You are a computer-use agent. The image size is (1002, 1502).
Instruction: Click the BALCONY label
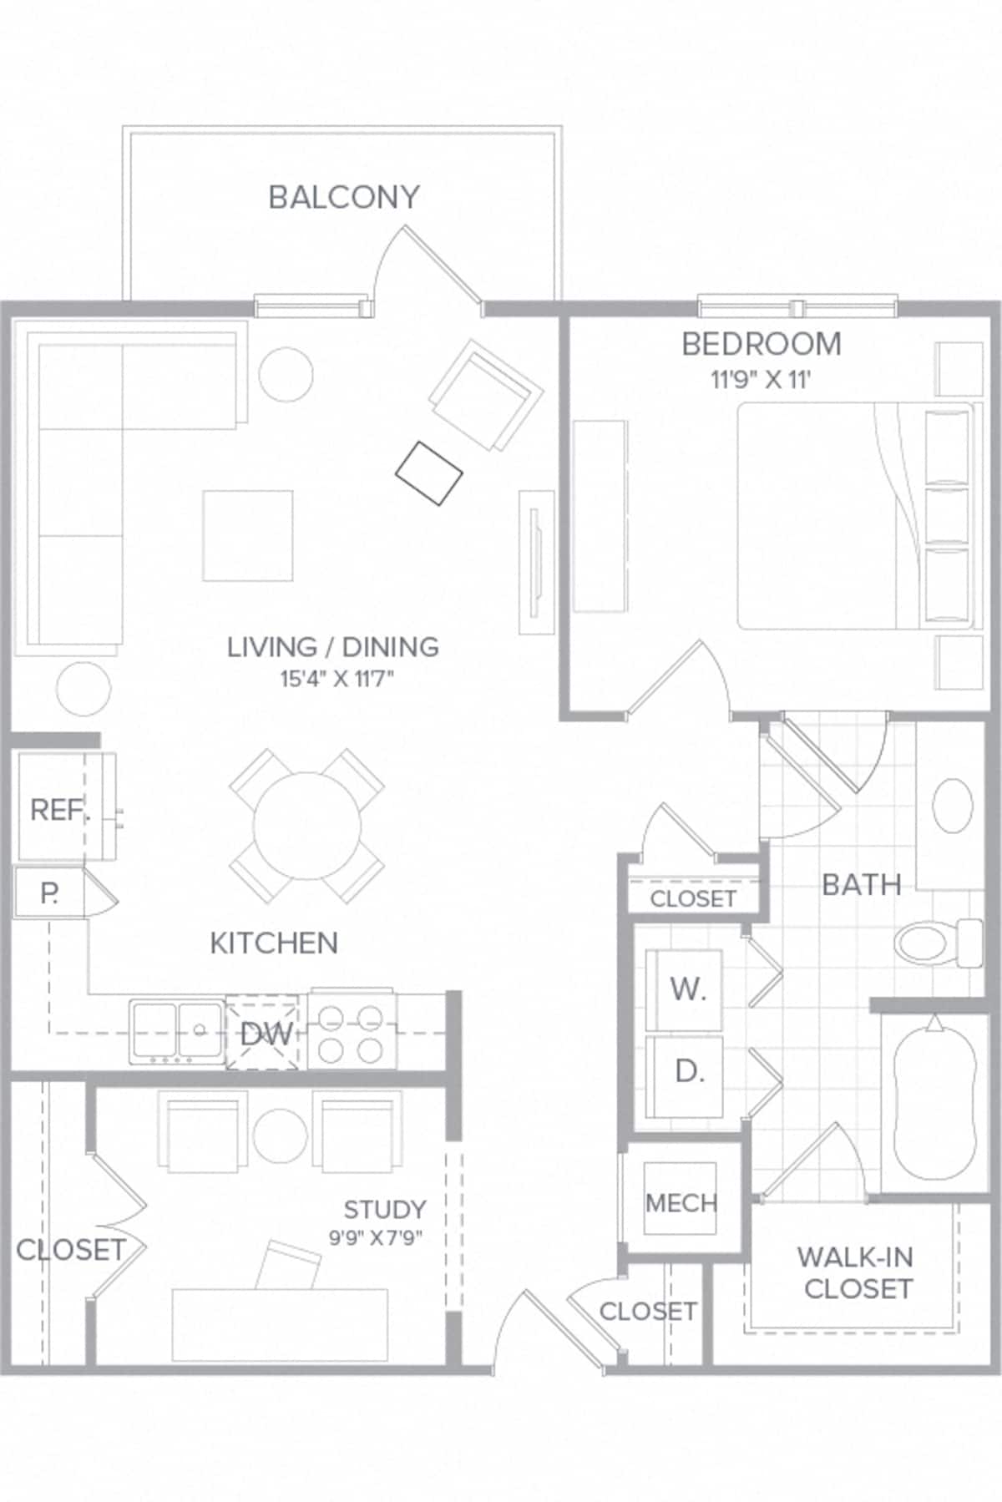(x=343, y=197)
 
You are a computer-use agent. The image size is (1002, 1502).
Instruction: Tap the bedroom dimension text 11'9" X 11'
(x=761, y=380)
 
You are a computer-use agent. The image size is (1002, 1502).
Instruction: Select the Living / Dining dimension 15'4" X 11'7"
(x=336, y=679)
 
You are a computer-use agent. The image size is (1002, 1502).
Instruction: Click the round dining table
(x=307, y=826)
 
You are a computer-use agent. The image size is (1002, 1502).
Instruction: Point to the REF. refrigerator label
(x=59, y=809)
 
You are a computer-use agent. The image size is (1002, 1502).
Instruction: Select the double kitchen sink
(x=176, y=1032)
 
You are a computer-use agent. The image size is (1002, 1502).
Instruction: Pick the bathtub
(x=934, y=1100)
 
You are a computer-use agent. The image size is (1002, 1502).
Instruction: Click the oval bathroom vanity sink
(x=952, y=805)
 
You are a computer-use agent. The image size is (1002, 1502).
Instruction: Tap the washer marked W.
(x=685, y=989)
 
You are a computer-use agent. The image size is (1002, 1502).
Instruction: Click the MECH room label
(x=681, y=1203)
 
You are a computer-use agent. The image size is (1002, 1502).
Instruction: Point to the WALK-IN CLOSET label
(x=856, y=1272)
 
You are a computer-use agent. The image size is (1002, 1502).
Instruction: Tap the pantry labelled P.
(x=49, y=893)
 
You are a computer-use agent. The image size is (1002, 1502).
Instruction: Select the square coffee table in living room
(x=248, y=535)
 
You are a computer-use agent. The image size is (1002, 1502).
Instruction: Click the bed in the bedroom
(x=856, y=516)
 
